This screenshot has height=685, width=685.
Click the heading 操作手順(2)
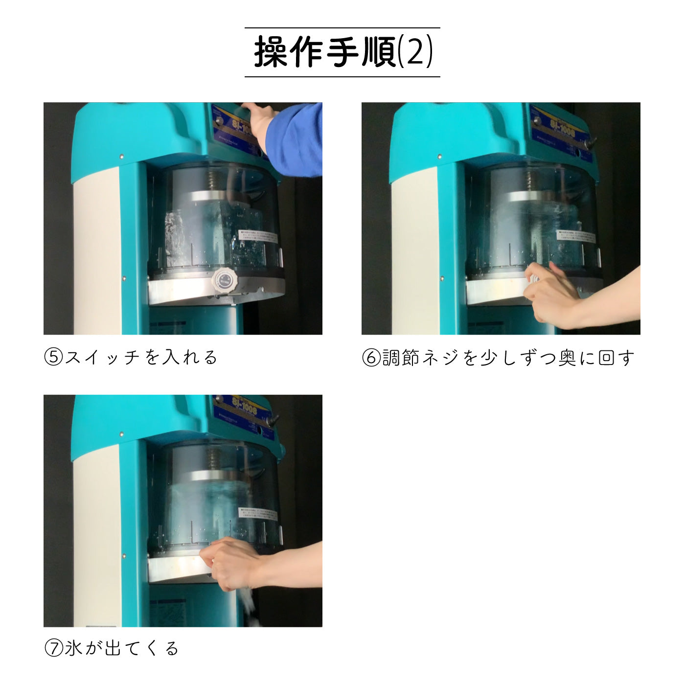pyautogui.click(x=342, y=52)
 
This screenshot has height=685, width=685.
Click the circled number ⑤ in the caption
pyautogui.click(x=53, y=357)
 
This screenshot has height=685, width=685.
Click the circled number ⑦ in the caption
pyautogui.click(x=53, y=649)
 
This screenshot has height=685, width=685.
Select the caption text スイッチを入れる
pyautogui.click(x=141, y=357)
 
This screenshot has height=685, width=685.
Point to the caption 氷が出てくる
pyautogui.click(x=122, y=649)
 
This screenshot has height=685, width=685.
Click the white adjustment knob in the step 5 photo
pyautogui.click(x=223, y=280)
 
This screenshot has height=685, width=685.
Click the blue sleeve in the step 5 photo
pyautogui.click(x=296, y=139)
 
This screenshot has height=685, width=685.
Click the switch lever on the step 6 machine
pyautogui.click(x=591, y=143)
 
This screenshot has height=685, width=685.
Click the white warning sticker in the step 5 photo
pyautogui.click(x=257, y=238)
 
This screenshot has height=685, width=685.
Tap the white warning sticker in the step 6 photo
pyautogui.click(x=576, y=237)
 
